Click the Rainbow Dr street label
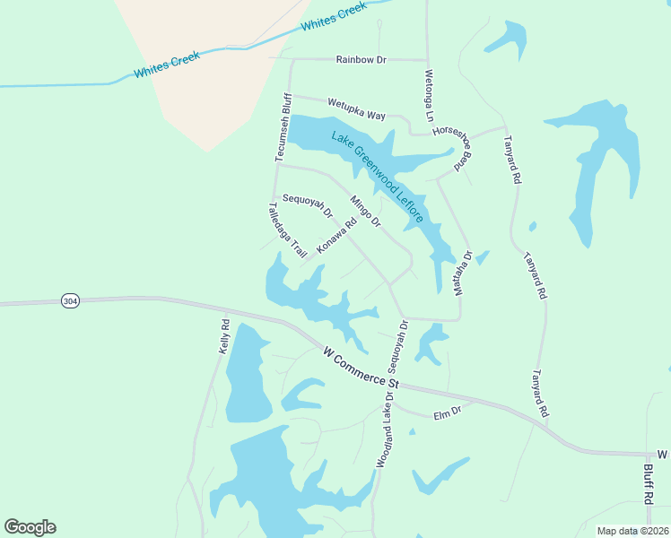click(x=361, y=60)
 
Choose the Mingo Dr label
click(x=365, y=212)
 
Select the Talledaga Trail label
click(x=287, y=230)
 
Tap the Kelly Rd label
click(x=224, y=336)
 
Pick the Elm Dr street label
click(x=447, y=413)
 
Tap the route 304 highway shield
click(x=70, y=301)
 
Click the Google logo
click(x=30, y=527)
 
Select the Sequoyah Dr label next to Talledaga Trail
click(x=308, y=207)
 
